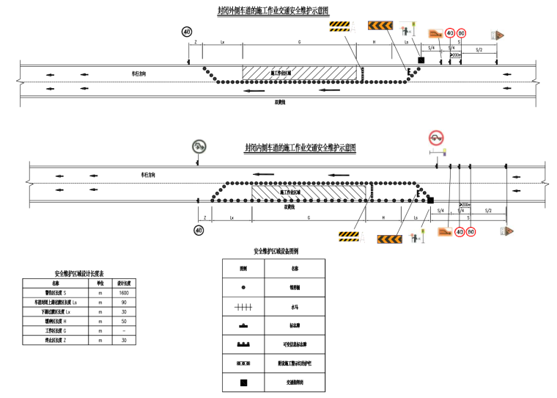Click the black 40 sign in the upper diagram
pyautogui.click(x=187, y=32)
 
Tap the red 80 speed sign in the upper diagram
pyautogui.click(x=461, y=33)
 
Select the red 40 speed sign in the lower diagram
pyautogui.click(x=460, y=232)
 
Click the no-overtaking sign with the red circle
pyautogui.click(x=436, y=137)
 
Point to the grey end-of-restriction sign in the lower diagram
pyautogui.click(x=199, y=147)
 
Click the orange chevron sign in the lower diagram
pyautogui.click(x=390, y=238)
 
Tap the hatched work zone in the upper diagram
pyautogui.click(x=300, y=73)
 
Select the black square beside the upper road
pyautogui.click(x=421, y=59)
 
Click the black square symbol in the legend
pyautogui.click(x=243, y=383)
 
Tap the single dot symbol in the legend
pyautogui.click(x=243, y=288)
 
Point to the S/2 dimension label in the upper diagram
pyautogui.click(x=479, y=49)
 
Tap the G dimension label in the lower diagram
pyautogui.click(x=309, y=218)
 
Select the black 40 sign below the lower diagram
pyautogui.click(x=199, y=231)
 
